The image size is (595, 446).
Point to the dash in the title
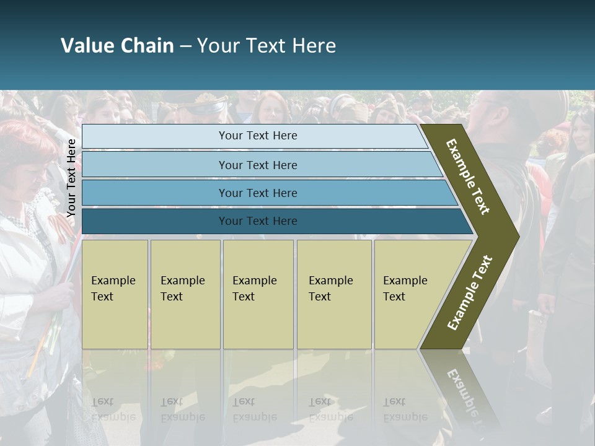(185, 46)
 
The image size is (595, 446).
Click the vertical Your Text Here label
(71, 178)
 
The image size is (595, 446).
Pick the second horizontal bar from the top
(257, 165)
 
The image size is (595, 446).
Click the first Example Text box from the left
(115, 294)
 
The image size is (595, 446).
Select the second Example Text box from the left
(185, 294)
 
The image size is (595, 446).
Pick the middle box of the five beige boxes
(258, 294)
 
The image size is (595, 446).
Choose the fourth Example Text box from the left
(334, 294)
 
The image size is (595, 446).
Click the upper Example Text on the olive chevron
(469, 177)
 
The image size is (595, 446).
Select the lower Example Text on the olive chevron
(470, 293)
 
